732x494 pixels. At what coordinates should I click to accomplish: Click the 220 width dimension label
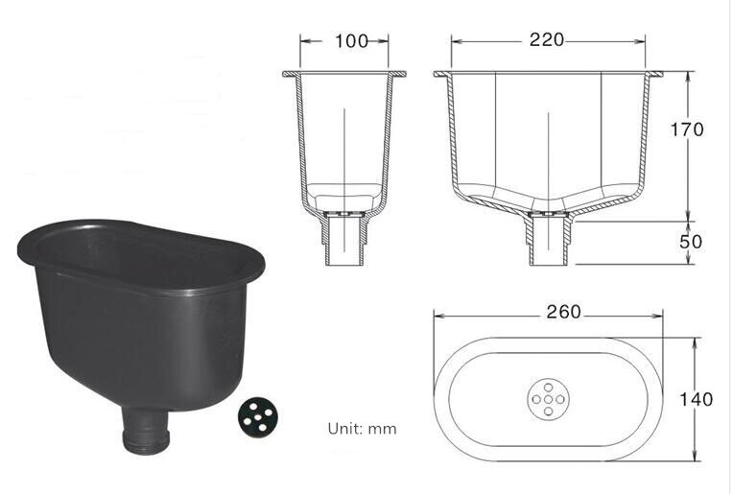(x=546, y=40)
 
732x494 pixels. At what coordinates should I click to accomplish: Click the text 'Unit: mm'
(x=362, y=429)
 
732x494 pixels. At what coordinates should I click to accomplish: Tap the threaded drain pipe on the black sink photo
(x=146, y=433)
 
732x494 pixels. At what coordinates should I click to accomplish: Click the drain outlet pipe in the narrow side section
(x=343, y=240)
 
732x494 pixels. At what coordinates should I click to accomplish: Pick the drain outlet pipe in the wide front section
(x=549, y=240)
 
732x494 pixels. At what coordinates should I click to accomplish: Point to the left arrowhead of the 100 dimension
(x=303, y=40)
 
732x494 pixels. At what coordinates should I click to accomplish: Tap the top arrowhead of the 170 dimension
(x=688, y=76)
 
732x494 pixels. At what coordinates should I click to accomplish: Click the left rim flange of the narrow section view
(x=289, y=74)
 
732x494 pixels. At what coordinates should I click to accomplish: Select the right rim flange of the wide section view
(x=657, y=74)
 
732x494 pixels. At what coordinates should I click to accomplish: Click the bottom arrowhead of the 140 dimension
(x=696, y=457)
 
